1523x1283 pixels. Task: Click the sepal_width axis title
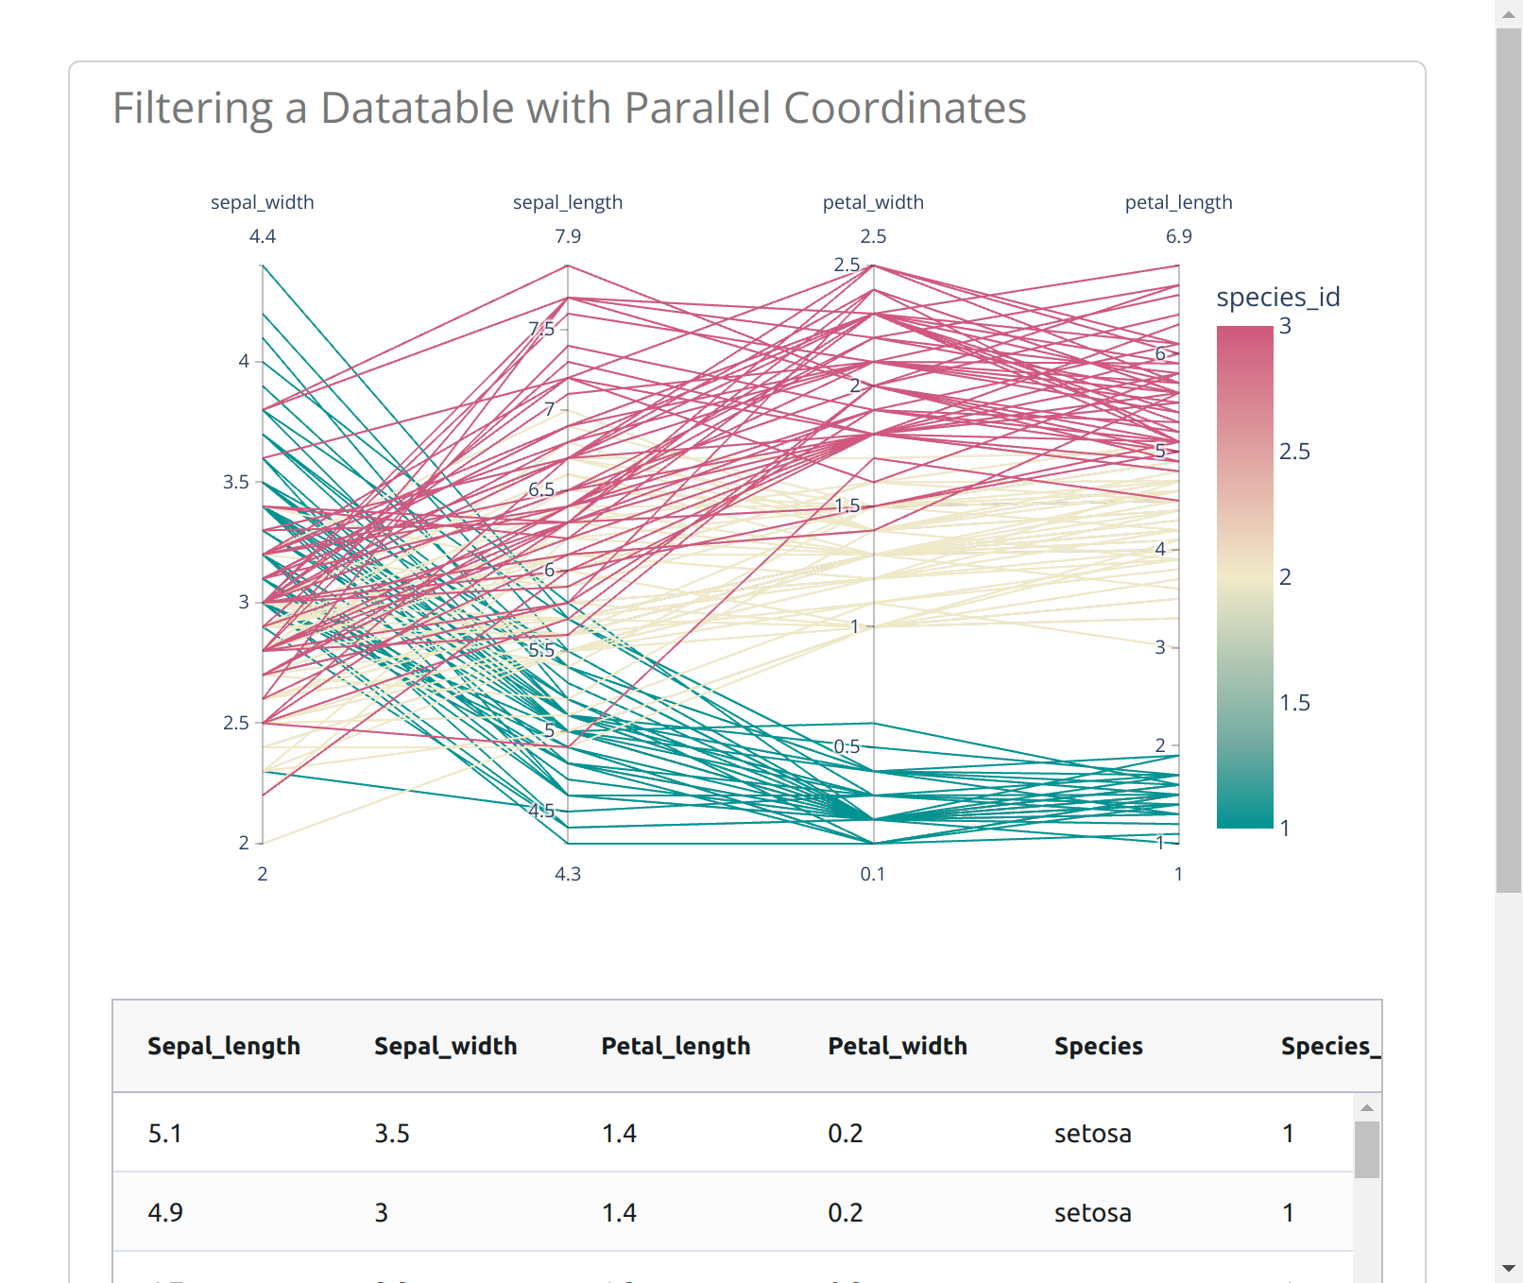pyautogui.click(x=262, y=202)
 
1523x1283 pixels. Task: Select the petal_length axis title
pyautogui.click(x=1178, y=202)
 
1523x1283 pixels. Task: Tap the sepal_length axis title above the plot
pyautogui.click(x=567, y=202)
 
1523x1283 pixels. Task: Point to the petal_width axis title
pyautogui.click(x=873, y=202)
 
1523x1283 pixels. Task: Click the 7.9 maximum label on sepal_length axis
pyautogui.click(x=567, y=236)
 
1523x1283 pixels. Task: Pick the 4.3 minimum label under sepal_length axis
pyautogui.click(x=567, y=874)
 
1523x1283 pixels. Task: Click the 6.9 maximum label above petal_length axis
pyautogui.click(x=1178, y=236)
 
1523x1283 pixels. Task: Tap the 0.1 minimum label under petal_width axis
pyautogui.click(x=872, y=874)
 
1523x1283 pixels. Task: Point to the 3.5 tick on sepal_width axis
pyautogui.click(x=236, y=482)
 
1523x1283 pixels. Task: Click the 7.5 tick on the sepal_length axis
pyautogui.click(x=541, y=329)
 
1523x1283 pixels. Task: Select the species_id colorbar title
pyautogui.click(x=1277, y=297)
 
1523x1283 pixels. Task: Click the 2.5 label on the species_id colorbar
pyautogui.click(x=1294, y=452)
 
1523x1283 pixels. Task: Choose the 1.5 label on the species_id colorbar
pyautogui.click(x=1294, y=703)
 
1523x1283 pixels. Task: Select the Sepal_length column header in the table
pyautogui.click(x=224, y=1046)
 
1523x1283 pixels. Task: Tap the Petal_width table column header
pyautogui.click(x=898, y=1046)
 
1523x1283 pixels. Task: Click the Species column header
pyautogui.click(x=1098, y=1046)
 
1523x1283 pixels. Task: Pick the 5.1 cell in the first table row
pyautogui.click(x=165, y=1133)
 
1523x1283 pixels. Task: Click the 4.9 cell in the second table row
pyautogui.click(x=165, y=1212)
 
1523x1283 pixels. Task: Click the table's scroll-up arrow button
pyautogui.click(x=1366, y=1107)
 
